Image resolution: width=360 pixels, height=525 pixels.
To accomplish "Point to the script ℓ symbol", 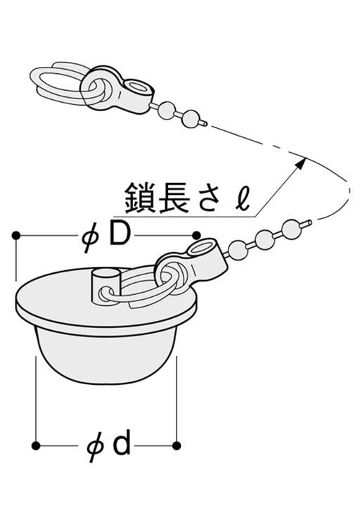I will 241,197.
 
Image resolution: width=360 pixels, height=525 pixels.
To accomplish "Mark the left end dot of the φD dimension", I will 15,236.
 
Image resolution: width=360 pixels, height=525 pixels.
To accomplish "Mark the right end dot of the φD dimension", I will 197,235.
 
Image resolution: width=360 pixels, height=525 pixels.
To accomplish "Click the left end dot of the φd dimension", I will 35,445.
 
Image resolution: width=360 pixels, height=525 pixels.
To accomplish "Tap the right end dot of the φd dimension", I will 176,445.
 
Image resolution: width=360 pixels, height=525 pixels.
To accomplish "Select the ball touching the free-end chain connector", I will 166,109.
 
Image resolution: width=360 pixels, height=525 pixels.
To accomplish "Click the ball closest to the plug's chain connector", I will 240,249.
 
